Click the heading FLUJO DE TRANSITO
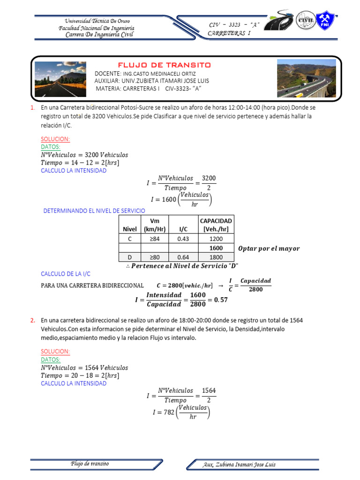[164, 65]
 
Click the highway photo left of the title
[60, 79]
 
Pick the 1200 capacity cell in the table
[216, 239]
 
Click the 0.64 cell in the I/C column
[183, 257]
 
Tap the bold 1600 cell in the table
[216, 248]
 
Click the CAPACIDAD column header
[216, 225]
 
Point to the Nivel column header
[130, 229]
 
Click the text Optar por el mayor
[269, 248]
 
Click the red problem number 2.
[33, 321]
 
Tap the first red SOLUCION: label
[55, 139]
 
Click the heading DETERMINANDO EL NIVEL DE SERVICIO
[94, 211]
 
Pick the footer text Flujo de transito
[90, 464]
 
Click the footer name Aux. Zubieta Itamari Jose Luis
[239, 465]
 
